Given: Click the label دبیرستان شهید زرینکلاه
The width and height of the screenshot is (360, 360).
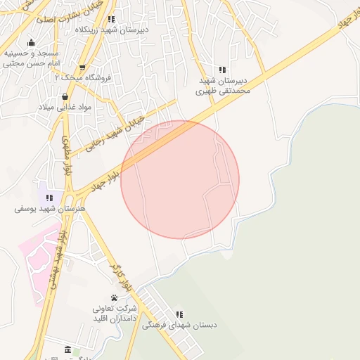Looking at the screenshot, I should (111, 30).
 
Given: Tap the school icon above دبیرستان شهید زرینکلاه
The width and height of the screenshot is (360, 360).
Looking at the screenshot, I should (111, 19).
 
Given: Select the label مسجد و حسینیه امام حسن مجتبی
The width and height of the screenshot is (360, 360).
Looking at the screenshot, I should (30, 58).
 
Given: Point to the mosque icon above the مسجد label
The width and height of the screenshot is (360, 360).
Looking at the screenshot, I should (31, 42).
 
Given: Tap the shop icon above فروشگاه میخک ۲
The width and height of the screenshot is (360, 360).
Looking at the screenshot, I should (83, 67).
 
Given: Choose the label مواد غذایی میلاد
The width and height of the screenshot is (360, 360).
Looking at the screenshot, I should (65, 106).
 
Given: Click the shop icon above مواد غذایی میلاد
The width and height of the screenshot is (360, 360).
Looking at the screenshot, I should (65, 96).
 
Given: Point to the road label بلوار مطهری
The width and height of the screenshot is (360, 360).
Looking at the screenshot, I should (67, 155).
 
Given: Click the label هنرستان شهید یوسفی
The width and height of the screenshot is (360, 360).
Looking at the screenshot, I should (49, 210).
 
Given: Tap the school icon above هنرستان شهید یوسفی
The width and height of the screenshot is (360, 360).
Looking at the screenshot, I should (49, 198).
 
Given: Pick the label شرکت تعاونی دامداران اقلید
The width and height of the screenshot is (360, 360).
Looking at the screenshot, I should (114, 314).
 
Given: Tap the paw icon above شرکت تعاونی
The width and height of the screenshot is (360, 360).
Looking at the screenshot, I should (114, 298).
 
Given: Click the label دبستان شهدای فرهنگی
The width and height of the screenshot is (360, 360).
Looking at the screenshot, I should (179, 325).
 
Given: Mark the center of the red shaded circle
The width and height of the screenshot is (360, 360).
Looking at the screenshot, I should (180, 180).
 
